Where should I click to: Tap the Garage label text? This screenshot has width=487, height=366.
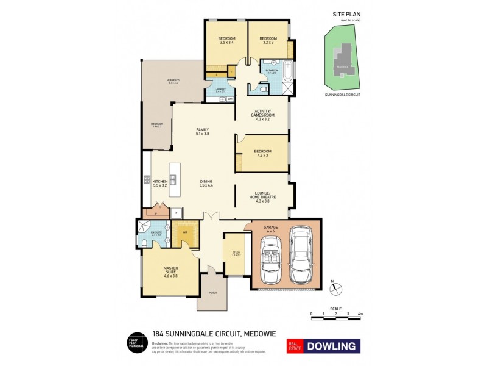click(270, 228)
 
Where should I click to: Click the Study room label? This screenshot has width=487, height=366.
click(236, 253)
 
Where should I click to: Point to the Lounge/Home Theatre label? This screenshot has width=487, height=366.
click(262, 196)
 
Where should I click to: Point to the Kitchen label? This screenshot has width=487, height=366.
click(160, 182)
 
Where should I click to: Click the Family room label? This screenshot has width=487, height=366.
click(202, 132)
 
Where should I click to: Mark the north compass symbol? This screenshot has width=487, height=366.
click(336, 288)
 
